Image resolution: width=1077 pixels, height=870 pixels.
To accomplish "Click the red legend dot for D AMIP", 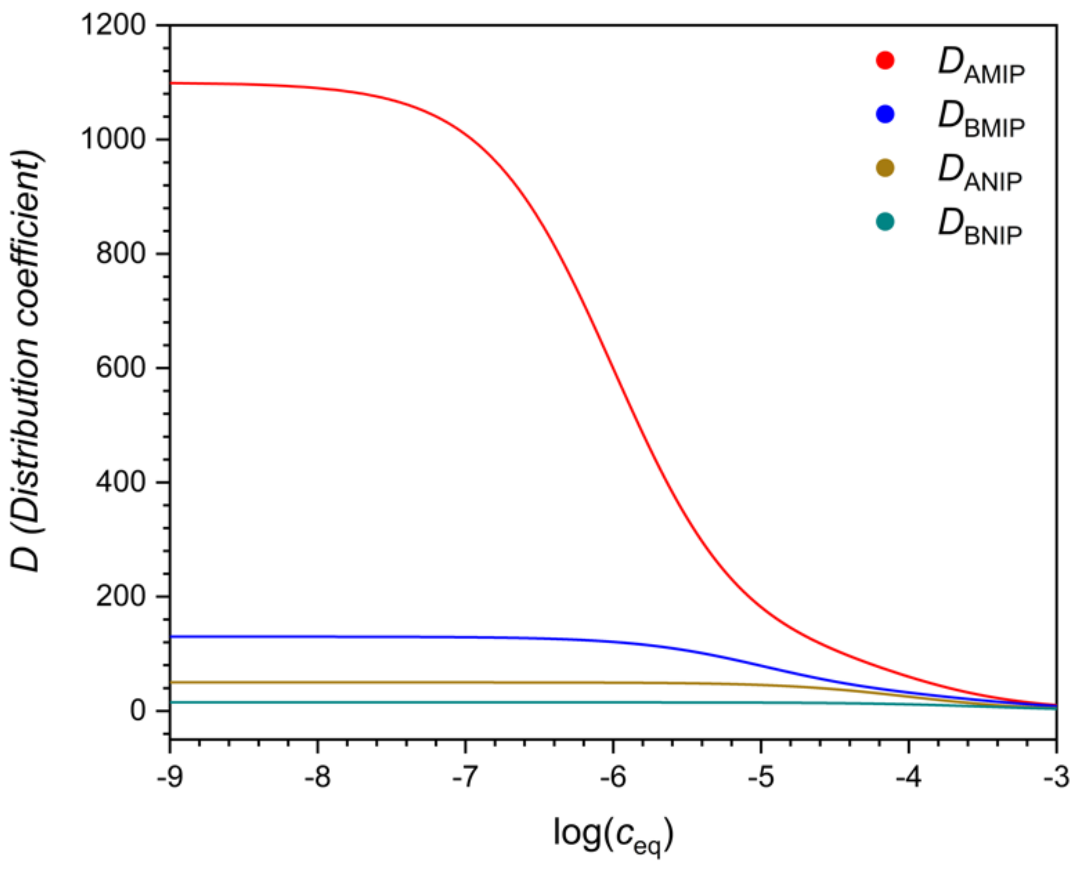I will [885, 61].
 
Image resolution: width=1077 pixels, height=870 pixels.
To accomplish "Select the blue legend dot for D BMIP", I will [885, 115].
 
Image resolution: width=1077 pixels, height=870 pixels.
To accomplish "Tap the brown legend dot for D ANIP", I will [885, 168].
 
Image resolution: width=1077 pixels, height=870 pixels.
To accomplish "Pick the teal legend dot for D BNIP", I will [885, 222].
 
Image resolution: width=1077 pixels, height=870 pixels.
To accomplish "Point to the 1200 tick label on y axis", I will [114, 25].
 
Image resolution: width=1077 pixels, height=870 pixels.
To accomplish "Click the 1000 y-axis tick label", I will [114, 139].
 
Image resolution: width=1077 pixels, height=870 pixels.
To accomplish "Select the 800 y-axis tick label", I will [122, 253].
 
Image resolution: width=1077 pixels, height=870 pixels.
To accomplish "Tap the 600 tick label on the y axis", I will [122, 368].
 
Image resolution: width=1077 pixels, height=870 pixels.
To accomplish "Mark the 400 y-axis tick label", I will [122, 482].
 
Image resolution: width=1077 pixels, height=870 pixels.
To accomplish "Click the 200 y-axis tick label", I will [122, 597].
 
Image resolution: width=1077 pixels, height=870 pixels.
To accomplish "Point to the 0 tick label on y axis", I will [138, 711].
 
